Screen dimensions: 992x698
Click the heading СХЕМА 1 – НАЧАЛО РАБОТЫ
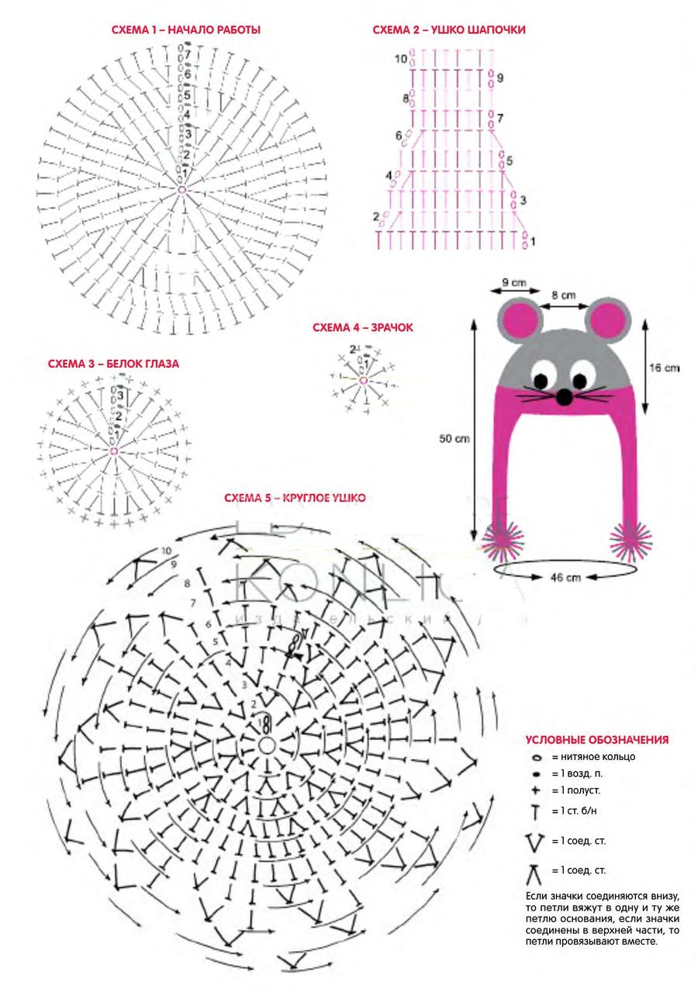tap(188, 30)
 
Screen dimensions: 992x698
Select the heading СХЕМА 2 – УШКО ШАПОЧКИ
tap(449, 30)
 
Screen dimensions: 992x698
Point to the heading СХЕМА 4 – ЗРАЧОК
tap(363, 328)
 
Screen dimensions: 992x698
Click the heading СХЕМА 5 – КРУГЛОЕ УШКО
tap(295, 498)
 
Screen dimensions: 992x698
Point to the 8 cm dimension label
tap(564, 295)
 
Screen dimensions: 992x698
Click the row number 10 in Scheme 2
tap(400, 58)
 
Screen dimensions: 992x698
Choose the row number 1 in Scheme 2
tap(533, 241)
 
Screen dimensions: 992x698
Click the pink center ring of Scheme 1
tap(182, 189)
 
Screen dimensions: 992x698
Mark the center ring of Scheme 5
tap(266, 745)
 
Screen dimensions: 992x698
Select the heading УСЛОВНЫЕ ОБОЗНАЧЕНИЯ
tap(596, 740)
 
